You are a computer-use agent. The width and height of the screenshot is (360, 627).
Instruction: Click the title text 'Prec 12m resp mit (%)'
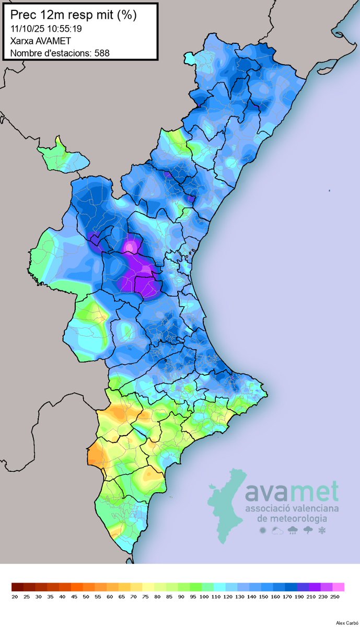coord(74,15)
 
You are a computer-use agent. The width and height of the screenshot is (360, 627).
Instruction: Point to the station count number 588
coord(102,53)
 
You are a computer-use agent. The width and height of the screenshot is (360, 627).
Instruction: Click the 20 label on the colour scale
coord(14,596)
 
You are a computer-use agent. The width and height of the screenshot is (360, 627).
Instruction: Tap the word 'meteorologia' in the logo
coord(293,519)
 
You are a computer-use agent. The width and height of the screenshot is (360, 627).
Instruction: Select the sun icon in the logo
coord(263,531)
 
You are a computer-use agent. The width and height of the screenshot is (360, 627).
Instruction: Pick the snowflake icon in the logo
coord(322,531)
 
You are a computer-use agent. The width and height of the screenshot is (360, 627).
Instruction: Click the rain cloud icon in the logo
coord(293,531)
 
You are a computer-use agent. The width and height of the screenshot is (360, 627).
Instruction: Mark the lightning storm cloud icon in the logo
coord(308,531)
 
